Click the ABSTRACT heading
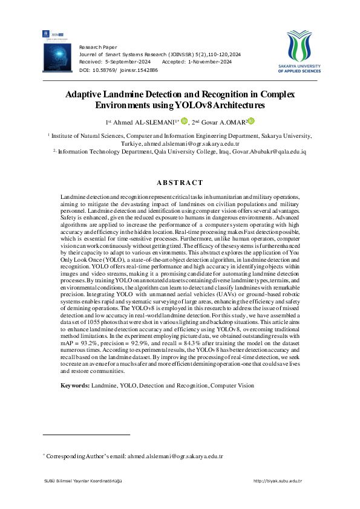[180, 183]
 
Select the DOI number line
[119, 70]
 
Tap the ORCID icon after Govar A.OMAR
[251, 121]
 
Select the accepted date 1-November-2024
[209, 62]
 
